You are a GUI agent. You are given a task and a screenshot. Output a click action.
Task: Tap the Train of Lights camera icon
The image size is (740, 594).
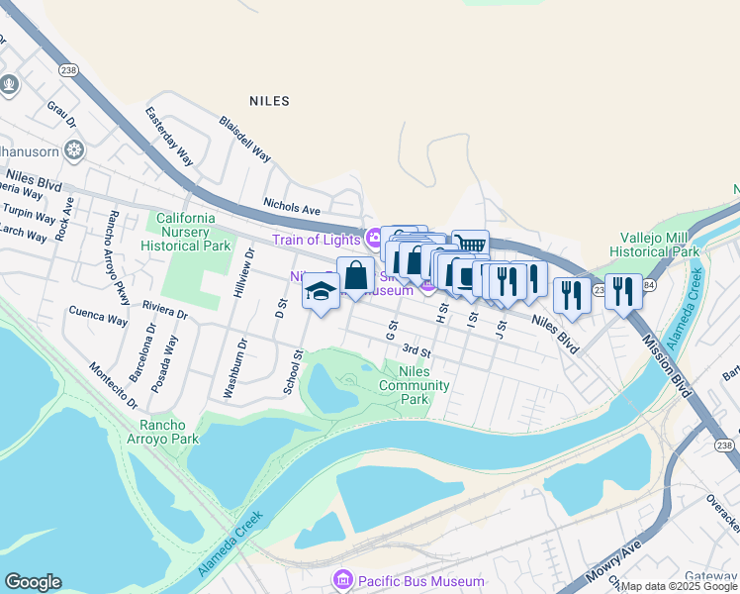pyautogui.click(x=374, y=238)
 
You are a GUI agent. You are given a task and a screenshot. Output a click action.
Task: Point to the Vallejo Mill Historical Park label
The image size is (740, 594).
pyautogui.click(x=659, y=245)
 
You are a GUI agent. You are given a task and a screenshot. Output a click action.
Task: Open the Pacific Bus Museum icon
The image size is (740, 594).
pyautogui.click(x=343, y=580)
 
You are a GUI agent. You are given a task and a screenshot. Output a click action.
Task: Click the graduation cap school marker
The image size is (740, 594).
pyautogui.click(x=321, y=292)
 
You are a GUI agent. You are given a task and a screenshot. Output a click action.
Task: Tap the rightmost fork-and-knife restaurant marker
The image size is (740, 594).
pyautogui.click(x=623, y=290)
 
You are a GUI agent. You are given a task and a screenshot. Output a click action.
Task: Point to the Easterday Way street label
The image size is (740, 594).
pyautogui.click(x=170, y=137)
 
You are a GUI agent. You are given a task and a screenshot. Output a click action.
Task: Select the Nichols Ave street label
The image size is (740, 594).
pyautogui.click(x=292, y=209)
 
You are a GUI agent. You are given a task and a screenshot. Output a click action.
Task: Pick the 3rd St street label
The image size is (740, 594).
pyautogui.click(x=416, y=351)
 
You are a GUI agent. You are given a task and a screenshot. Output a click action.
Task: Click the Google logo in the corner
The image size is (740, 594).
pyautogui.click(x=33, y=582)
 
